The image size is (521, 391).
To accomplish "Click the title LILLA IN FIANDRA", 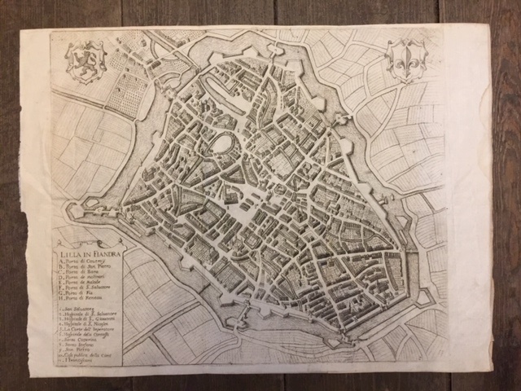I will (89, 253).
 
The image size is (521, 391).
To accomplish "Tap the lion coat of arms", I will (86, 62).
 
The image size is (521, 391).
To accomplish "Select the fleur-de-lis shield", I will (406, 59).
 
